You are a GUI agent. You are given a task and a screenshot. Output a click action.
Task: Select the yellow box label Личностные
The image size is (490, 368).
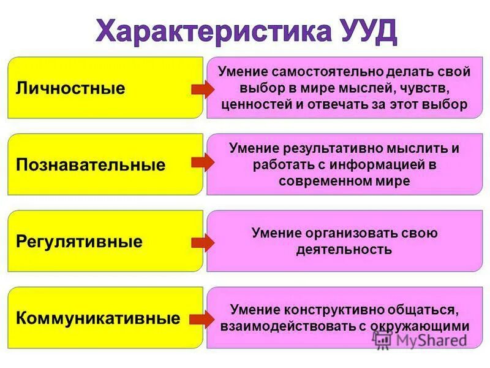point(70,88)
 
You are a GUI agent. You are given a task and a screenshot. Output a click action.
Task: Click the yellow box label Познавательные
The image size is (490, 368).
point(91,164)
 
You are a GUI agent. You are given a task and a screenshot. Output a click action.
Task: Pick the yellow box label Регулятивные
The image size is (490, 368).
point(79,241)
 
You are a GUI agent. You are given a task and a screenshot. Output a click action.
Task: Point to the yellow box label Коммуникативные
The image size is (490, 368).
point(98,318)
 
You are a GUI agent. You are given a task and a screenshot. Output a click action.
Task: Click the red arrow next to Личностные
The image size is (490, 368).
point(202,90)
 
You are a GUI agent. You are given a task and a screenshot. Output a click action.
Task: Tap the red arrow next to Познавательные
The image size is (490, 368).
point(202,162)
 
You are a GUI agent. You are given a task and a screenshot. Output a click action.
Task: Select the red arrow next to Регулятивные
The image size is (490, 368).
point(202,242)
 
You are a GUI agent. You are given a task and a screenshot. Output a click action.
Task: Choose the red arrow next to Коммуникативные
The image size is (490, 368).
point(202,318)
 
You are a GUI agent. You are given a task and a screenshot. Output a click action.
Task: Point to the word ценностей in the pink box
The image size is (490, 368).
point(254,104)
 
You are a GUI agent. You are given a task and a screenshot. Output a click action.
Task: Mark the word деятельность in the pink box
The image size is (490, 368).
point(344,250)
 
